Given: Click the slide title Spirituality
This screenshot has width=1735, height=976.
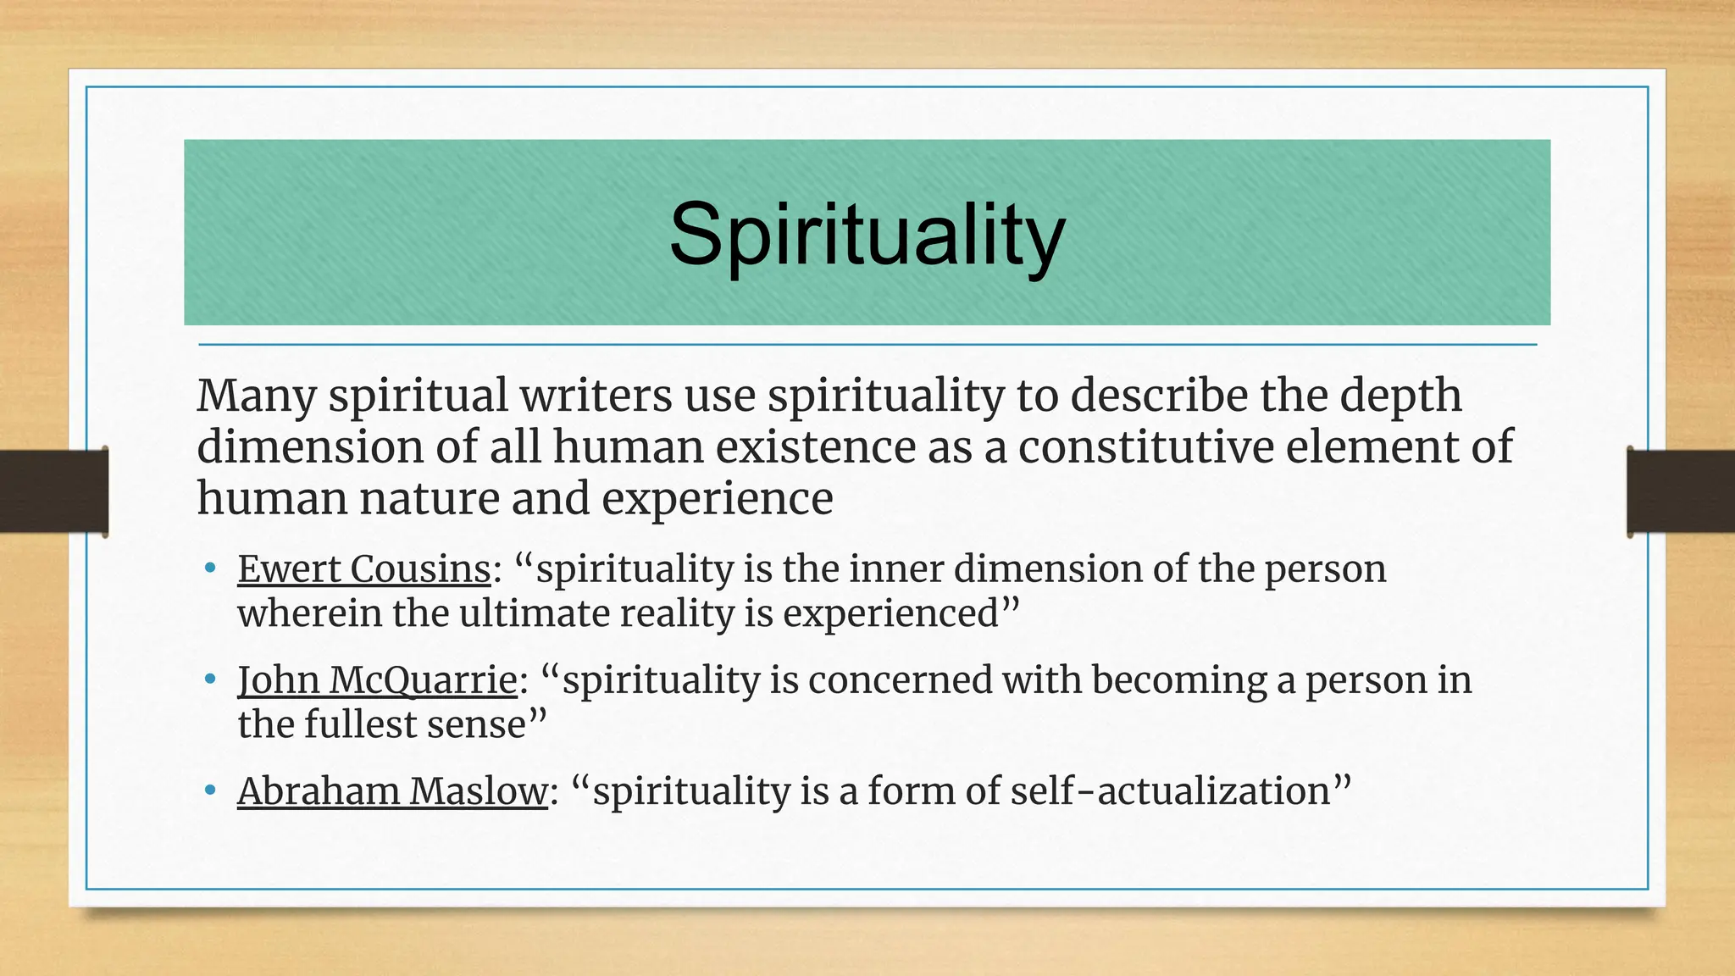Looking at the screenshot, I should click(x=867, y=235).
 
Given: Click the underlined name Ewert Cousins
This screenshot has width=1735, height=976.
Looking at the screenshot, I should click(x=364, y=569).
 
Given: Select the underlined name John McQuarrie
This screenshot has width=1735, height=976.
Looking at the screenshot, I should click(x=377, y=680).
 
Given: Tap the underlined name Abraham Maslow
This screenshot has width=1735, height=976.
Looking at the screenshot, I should click(x=392, y=791).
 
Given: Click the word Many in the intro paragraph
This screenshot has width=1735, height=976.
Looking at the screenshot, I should click(x=257, y=396).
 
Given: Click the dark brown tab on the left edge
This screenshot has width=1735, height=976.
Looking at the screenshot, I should click(x=53, y=491).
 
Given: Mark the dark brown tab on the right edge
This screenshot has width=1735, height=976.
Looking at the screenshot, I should click(x=1681, y=491).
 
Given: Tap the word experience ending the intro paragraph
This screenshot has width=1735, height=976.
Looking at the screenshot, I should click(x=717, y=499).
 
